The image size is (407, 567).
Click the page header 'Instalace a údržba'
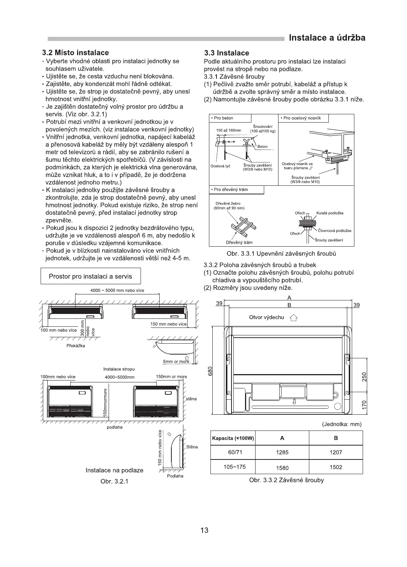click(x=327, y=38)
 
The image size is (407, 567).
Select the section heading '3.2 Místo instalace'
click(x=76, y=53)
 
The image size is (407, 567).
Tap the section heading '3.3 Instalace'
click(x=226, y=53)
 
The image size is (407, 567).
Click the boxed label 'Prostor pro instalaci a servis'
click(x=91, y=276)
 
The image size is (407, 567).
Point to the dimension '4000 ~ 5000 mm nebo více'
click(x=117, y=290)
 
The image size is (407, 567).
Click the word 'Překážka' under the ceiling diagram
click(x=76, y=346)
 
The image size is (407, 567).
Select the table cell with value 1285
click(x=282, y=452)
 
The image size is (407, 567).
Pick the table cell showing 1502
click(x=336, y=467)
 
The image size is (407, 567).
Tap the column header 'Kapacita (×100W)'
click(x=233, y=438)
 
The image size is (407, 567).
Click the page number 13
click(x=204, y=531)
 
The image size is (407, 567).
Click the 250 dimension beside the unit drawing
click(x=364, y=376)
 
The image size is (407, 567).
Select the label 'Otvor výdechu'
click(x=266, y=317)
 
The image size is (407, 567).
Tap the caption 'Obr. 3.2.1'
click(x=115, y=482)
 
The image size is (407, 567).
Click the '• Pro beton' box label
click(x=222, y=118)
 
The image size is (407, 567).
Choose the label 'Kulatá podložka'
click(x=330, y=213)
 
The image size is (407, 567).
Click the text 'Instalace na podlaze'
click(x=114, y=470)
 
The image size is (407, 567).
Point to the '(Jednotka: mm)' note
click(x=342, y=424)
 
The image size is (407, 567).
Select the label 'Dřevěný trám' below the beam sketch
click(x=239, y=243)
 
